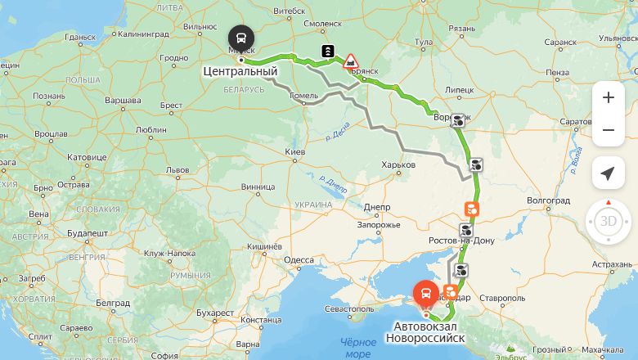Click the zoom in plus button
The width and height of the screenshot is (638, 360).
click(608, 97)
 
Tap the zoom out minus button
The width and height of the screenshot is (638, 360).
click(608, 130)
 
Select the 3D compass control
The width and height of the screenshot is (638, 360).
click(609, 221)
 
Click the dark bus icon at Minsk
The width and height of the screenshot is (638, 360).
click(241, 38)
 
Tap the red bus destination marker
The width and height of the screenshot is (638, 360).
click(425, 292)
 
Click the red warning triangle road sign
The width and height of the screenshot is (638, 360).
click(350, 60)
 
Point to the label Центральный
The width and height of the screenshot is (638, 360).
click(240, 72)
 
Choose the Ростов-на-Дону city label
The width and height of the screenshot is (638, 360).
click(461, 241)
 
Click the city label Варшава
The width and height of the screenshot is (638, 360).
click(123, 99)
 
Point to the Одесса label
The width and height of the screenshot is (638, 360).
click(299, 260)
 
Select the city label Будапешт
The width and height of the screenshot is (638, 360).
click(88, 233)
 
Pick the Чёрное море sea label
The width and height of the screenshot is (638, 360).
click(358, 348)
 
